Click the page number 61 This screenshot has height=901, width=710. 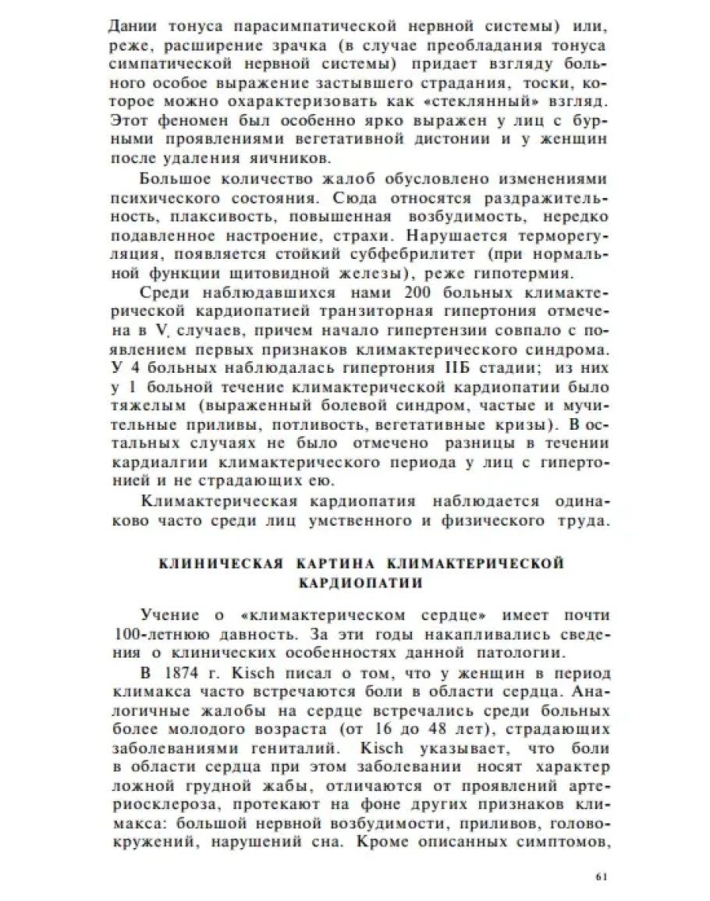click(x=600, y=876)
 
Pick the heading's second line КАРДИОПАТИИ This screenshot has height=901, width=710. click(x=354, y=582)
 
